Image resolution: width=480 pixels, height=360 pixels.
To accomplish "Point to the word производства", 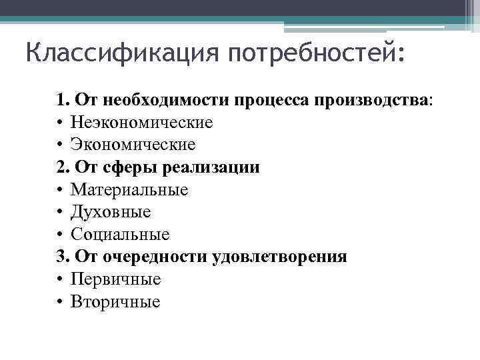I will (373, 100).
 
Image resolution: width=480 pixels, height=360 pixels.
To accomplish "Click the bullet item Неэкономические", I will (141, 123).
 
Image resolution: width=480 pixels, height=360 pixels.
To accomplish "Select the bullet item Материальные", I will (129, 190).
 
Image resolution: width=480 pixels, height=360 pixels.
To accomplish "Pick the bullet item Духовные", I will (111, 212).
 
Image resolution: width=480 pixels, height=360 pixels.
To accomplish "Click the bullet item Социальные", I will (120, 235).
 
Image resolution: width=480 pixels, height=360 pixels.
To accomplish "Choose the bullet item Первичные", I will (115, 279).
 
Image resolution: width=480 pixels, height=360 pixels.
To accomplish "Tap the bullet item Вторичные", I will (115, 302).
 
